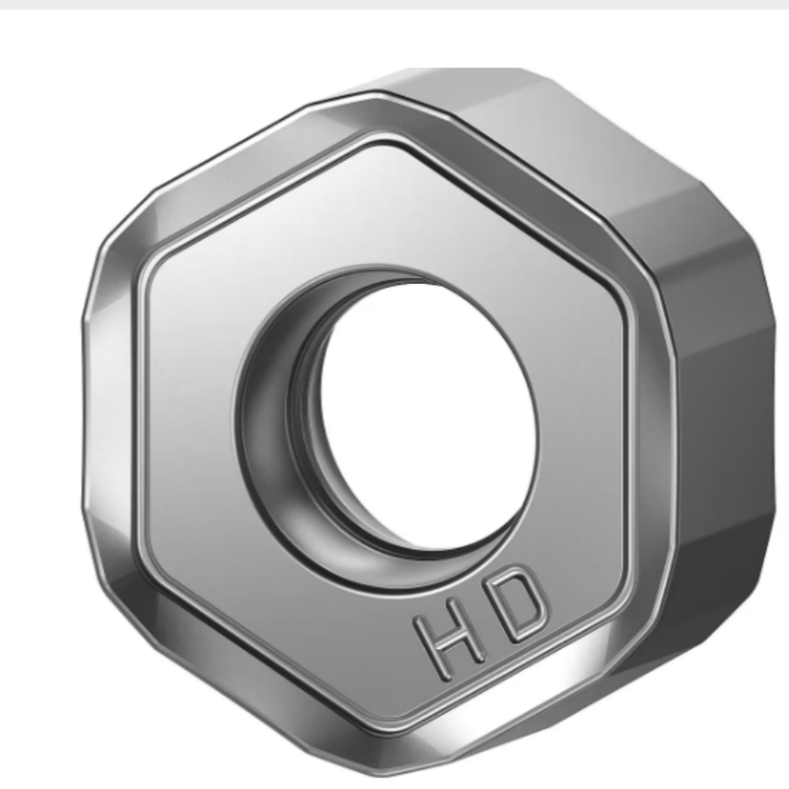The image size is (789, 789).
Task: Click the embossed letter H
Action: tap(450, 638)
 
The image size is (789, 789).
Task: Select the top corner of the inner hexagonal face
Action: tap(383, 142)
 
